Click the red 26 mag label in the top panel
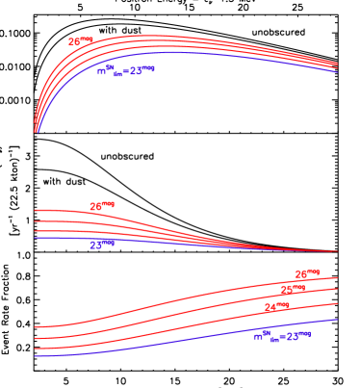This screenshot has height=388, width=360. point(80,42)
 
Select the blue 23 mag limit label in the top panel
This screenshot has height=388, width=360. point(125,70)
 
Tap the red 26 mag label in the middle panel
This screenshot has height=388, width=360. point(101,207)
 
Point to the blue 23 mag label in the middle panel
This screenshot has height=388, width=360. point(101,245)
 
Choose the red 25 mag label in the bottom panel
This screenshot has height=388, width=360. point(292,290)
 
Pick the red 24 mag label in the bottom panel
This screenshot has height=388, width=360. point(276,309)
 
